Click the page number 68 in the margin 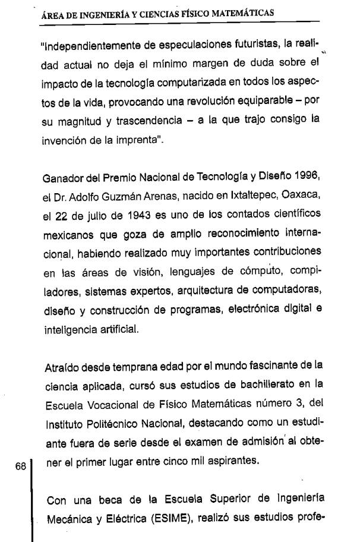tap(21, 467)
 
